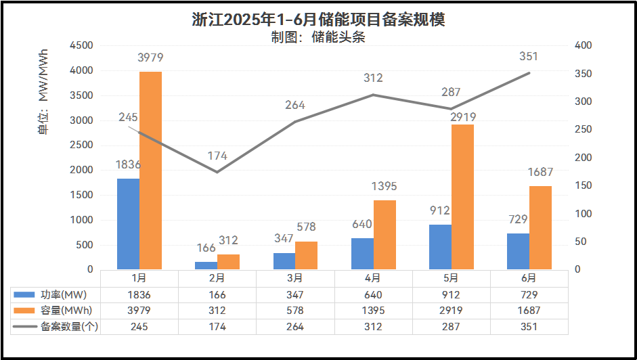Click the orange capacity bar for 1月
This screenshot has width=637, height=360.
click(x=150, y=171)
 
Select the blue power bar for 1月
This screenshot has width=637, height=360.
click(x=128, y=224)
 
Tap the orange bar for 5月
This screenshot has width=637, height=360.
click(x=462, y=197)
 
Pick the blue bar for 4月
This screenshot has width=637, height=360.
click(x=362, y=254)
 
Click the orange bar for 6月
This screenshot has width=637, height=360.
click(x=540, y=227)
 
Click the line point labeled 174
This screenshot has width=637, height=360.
click(x=217, y=172)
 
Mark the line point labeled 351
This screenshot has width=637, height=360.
click(x=529, y=72)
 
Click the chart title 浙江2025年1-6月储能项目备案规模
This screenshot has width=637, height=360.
click(x=318, y=19)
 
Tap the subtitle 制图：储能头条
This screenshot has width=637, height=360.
click(x=318, y=37)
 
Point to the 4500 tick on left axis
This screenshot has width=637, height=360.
click(x=81, y=45)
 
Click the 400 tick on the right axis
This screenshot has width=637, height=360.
click(x=583, y=45)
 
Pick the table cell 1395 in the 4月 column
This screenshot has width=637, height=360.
click(x=373, y=311)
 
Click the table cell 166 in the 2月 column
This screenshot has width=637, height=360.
click(x=217, y=294)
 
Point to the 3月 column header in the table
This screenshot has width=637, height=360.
click(x=295, y=278)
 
